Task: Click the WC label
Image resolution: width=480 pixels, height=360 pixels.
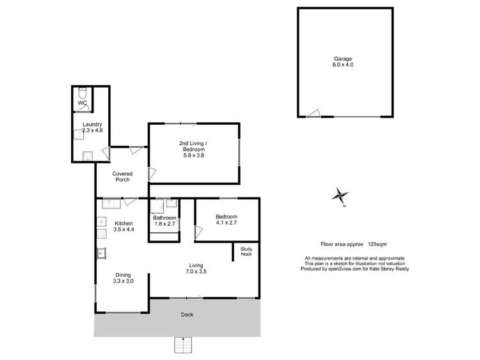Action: (82, 103)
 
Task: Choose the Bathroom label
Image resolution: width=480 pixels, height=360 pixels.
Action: (164, 218)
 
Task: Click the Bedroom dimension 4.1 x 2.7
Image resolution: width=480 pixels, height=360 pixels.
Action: (227, 223)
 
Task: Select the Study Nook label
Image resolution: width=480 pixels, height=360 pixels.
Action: (246, 251)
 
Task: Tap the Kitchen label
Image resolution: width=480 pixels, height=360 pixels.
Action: (124, 223)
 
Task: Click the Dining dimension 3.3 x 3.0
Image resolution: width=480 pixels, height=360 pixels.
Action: (123, 281)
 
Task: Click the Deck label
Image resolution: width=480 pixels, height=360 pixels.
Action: (187, 315)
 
